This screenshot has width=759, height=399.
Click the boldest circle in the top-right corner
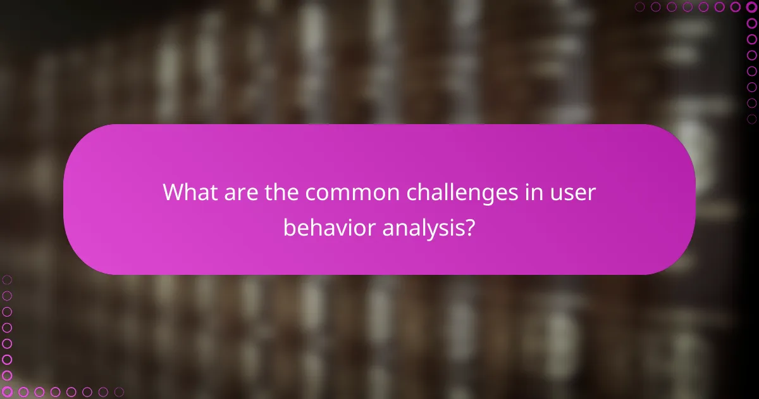click(x=751, y=7)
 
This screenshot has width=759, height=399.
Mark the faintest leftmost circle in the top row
click(x=640, y=7)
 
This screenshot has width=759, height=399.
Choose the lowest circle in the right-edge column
click(x=751, y=118)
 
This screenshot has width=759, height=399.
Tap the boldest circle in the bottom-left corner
click(x=7, y=392)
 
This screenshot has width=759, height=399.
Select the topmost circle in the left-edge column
click(x=7, y=279)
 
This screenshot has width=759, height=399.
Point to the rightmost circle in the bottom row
click(x=119, y=392)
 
